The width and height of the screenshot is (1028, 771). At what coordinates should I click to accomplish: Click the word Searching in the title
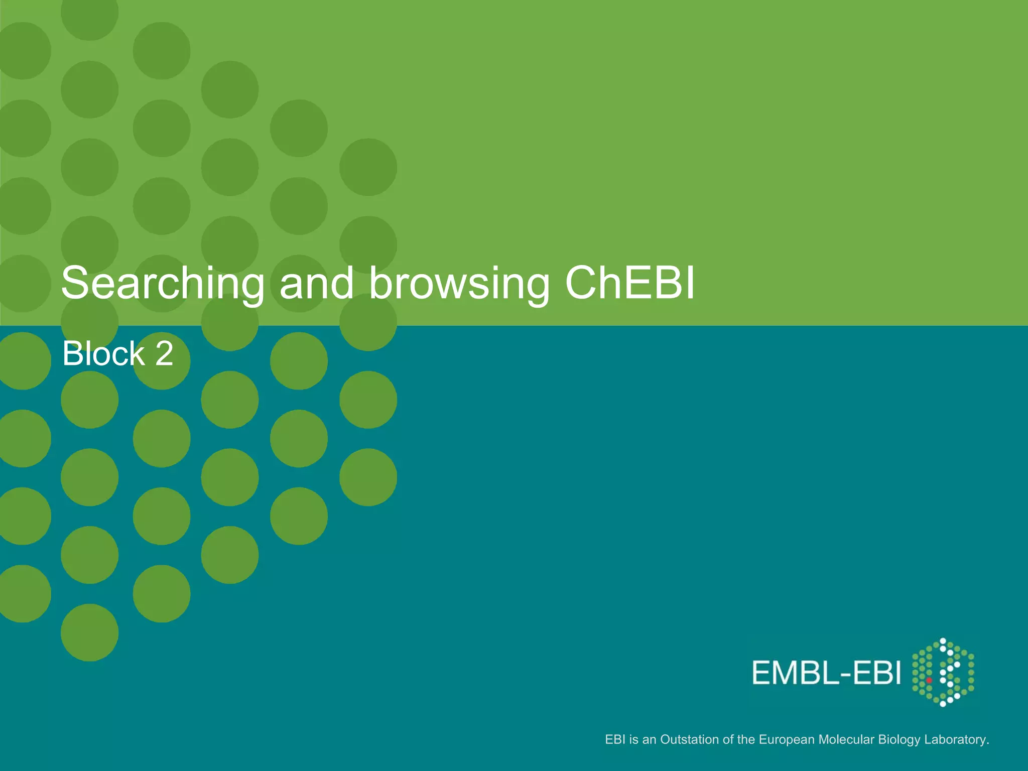tap(163, 284)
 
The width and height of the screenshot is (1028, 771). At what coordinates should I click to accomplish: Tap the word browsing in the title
tap(459, 284)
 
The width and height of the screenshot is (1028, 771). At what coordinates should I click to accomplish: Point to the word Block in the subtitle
tap(103, 353)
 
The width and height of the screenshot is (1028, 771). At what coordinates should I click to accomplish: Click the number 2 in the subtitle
tap(164, 353)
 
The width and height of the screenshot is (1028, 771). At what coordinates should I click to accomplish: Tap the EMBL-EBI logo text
tap(826, 673)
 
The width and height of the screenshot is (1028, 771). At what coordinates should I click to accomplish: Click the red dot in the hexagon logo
tap(929, 681)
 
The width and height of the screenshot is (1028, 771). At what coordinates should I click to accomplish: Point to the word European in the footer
tap(787, 739)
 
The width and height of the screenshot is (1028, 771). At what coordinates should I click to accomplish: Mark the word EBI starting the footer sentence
tap(615, 739)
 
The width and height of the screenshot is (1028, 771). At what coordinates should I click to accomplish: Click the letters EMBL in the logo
tap(795, 673)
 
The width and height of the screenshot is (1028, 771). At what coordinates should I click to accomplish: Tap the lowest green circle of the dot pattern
tap(90, 632)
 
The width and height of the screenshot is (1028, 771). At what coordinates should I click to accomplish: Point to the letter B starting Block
tap(72, 353)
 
